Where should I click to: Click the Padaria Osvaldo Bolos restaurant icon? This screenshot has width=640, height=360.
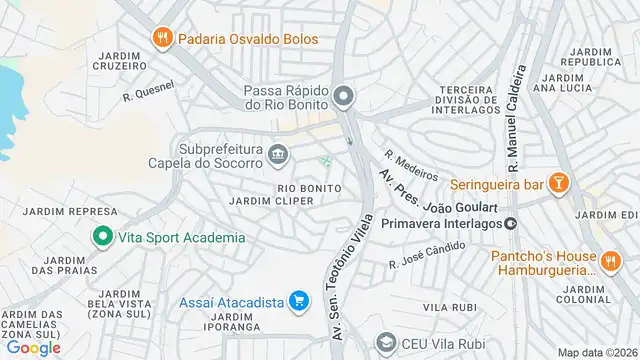click(161, 39)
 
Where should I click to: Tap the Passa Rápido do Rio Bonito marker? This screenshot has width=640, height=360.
click(344, 97)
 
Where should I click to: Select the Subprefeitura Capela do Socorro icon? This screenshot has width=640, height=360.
click(278, 154)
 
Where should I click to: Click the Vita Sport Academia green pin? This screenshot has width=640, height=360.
click(101, 237)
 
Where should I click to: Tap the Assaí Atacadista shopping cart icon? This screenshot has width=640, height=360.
click(298, 300)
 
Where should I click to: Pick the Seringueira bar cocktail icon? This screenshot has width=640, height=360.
click(559, 183)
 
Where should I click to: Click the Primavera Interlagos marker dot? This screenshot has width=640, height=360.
click(510, 223)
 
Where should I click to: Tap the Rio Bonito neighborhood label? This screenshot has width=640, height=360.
click(309, 188)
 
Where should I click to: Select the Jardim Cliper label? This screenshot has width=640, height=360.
click(272, 201)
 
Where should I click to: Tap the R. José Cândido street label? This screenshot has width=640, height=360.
click(426, 256)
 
